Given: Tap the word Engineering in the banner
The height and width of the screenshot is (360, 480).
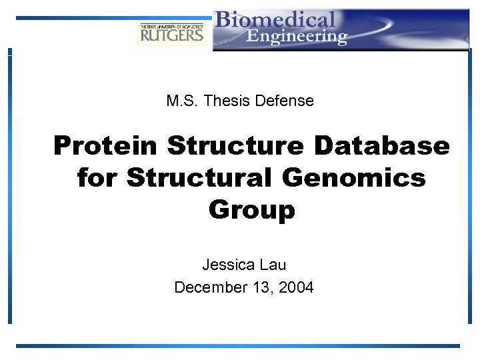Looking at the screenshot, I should [297, 36].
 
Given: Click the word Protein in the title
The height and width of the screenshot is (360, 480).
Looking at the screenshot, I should [105, 145].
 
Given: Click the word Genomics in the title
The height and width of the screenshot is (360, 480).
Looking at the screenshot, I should [354, 178].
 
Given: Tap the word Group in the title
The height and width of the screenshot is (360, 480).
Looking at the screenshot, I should [251, 210].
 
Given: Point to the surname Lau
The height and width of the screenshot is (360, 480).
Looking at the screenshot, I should [273, 265].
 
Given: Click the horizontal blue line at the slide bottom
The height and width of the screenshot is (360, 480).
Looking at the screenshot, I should [238, 346].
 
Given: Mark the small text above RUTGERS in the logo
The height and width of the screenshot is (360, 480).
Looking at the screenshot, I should [172, 25].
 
